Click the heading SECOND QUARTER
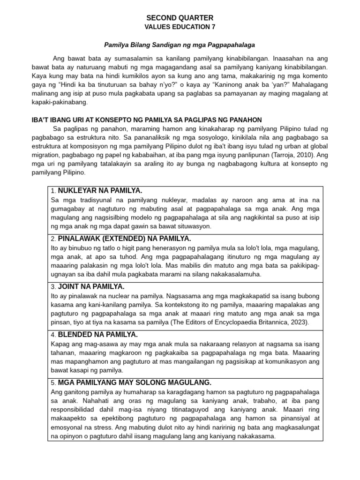pyautogui.click(x=180, y=17)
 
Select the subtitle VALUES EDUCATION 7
pyautogui.click(x=180, y=27)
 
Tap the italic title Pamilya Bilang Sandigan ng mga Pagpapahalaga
pyautogui.click(x=180, y=45)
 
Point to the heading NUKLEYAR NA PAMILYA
pyautogui.click(x=100, y=191)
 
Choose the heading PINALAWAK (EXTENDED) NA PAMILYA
pyautogui.click(x=124, y=239)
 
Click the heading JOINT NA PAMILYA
pyautogui.click(x=91, y=286)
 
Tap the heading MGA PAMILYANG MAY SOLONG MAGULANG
pyautogui.click(x=135, y=382)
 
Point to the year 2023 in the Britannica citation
pyautogui.click(x=299, y=322)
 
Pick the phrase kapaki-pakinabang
pyautogui.click(x=60, y=102)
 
